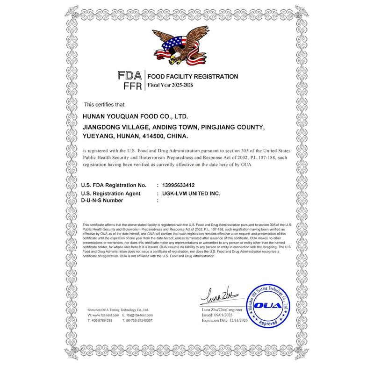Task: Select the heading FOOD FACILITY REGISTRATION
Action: coord(193,76)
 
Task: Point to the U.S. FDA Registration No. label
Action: coord(114,185)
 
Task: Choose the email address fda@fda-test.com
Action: coord(140,316)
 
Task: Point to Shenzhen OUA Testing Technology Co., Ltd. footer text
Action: coord(117,309)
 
